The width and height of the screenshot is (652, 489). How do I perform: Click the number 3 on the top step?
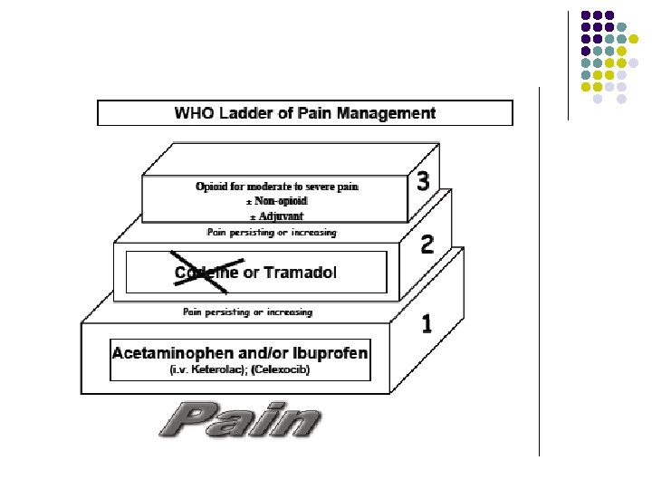(422, 182)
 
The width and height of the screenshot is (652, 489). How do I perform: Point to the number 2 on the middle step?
(427, 244)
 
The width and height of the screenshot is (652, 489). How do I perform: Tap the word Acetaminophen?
(168, 352)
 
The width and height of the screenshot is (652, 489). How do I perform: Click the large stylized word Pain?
(240, 420)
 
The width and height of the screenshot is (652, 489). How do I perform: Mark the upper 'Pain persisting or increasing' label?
(272, 233)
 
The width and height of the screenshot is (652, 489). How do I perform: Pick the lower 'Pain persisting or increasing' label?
(248, 312)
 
